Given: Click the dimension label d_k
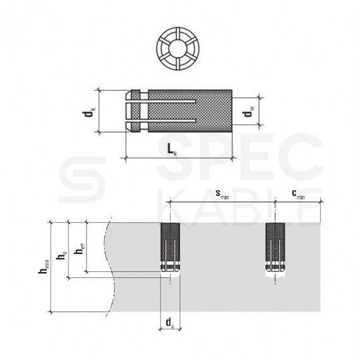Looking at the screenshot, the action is click(89, 111).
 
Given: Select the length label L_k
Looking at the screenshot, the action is click(172, 150).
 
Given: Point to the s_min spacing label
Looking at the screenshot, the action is click(222, 194).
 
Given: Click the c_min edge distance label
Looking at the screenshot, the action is click(298, 194).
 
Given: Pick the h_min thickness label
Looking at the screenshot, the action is click(43, 267).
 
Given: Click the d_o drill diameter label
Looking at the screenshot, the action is click(170, 323).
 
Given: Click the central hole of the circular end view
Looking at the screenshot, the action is click(178, 49).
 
